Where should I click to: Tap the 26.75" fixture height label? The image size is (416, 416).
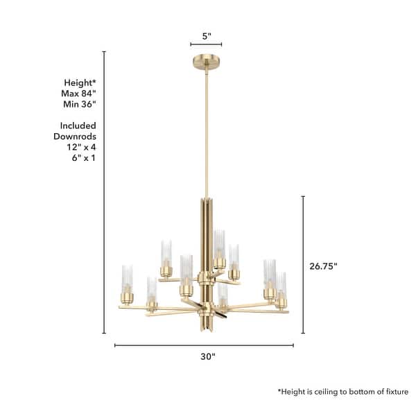(323, 265)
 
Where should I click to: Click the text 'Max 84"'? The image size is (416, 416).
(80, 93)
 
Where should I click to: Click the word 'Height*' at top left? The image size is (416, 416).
(80, 81)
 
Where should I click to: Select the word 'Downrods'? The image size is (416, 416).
(74, 137)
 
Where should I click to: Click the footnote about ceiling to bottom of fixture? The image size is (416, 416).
(343, 392)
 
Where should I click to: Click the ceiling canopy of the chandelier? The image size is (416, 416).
(206, 59)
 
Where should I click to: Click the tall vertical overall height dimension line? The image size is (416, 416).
(104, 194)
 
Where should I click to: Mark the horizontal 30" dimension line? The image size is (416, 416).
(204, 345)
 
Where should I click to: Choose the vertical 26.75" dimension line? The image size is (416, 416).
(303, 265)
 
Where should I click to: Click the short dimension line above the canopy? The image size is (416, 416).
(206, 44)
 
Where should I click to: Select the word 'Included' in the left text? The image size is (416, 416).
(77, 126)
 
